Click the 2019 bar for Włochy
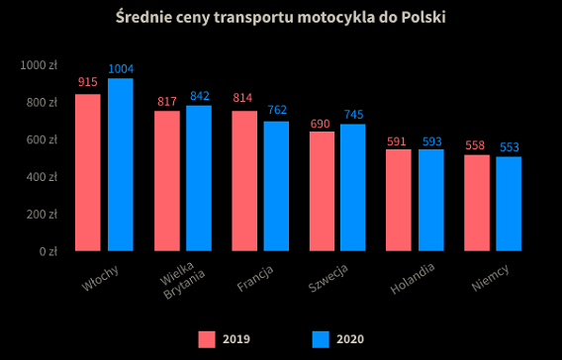click(88, 172)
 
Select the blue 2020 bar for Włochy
click(120, 164)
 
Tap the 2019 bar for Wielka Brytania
click(166, 181)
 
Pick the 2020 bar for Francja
click(276, 186)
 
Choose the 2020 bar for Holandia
click(431, 200)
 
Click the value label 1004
click(121, 68)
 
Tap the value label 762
click(276, 110)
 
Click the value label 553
click(509, 147)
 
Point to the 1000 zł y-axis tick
click(40, 65)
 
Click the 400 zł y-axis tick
click(44, 177)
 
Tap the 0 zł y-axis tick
click(47, 251)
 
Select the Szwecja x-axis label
click(328, 280)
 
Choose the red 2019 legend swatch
click(207, 339)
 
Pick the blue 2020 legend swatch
click(321, 339)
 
